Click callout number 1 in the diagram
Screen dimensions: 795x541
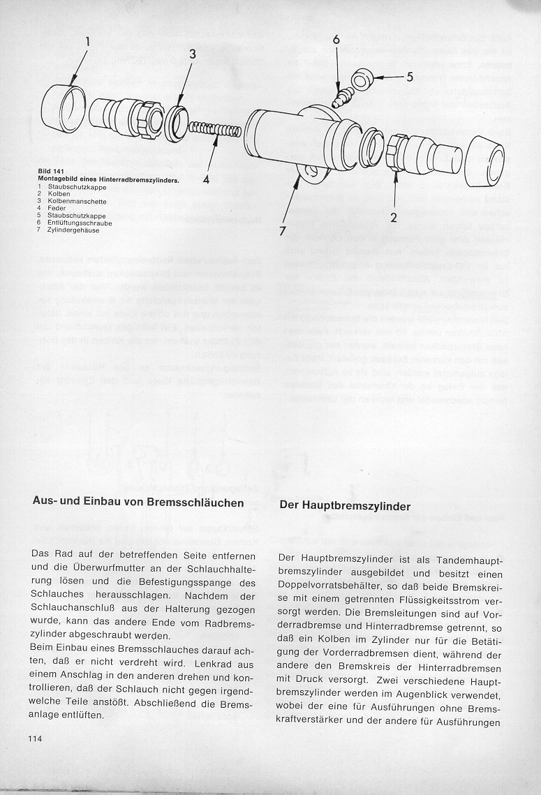click(87, 42)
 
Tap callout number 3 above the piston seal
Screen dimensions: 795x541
click(192, 54)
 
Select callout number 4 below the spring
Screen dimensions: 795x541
click(207, 179)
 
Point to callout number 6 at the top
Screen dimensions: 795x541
click(336, 40)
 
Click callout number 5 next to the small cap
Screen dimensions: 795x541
click(410, 76)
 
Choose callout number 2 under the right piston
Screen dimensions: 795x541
click(394, 217)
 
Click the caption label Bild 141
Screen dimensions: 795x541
click(50, 170)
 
